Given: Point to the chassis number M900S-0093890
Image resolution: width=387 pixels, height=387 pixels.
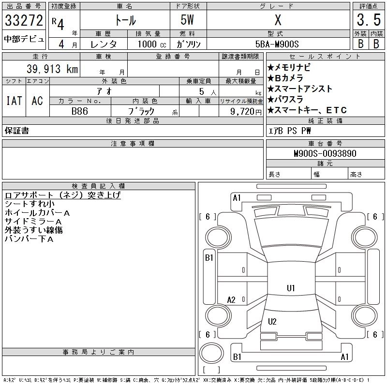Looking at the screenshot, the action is [325, 153].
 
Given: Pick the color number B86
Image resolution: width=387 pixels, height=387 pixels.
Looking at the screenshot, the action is [80, 111].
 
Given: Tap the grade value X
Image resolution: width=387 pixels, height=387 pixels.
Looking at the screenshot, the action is [278, 21].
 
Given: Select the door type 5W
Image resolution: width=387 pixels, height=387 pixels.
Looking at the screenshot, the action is [188, 21].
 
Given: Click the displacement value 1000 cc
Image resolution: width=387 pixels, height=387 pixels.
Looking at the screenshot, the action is [151, 44].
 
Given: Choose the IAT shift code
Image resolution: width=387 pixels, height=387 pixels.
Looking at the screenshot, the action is [14, 101].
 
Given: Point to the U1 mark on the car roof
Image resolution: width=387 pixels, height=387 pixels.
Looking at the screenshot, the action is [291, 288].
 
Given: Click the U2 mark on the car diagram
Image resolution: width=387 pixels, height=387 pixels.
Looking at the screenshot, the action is [272, 322].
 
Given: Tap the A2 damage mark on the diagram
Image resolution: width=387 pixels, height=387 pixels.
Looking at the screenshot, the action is [231, 300].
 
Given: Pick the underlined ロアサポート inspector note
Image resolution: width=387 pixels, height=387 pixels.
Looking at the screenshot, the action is [62, 195].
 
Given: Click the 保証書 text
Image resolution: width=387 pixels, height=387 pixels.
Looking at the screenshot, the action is [17, 131].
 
